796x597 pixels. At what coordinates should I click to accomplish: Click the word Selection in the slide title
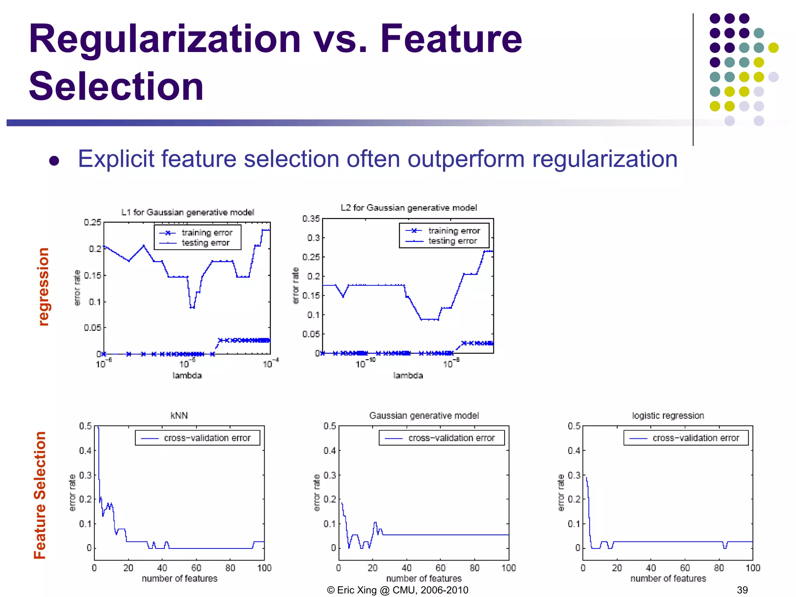[x=116, y=86]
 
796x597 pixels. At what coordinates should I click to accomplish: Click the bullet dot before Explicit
[x=54, y=161]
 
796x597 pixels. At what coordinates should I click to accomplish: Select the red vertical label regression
[x=44, y=286]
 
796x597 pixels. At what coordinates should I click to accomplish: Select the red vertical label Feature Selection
[x=40, y=495]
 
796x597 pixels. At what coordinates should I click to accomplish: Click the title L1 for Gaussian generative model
[x=187, y=212]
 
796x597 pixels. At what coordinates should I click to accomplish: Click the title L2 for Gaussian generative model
[x=408, y=208]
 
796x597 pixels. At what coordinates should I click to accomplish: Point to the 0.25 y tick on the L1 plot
[x=93, y=222]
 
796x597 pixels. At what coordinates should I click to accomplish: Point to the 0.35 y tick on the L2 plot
[x=311, y=218]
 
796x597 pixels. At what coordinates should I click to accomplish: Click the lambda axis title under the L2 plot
[x=408, y=375]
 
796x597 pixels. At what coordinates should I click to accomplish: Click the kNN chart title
[x=179, y=415]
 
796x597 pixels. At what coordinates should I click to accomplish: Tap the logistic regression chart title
[x=668, y=415]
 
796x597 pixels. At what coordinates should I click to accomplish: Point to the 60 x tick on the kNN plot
[x=196, y=568]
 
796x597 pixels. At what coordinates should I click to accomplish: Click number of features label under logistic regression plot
[x=668, y=578]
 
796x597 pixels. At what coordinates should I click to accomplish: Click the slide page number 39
[x=742, y=590]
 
